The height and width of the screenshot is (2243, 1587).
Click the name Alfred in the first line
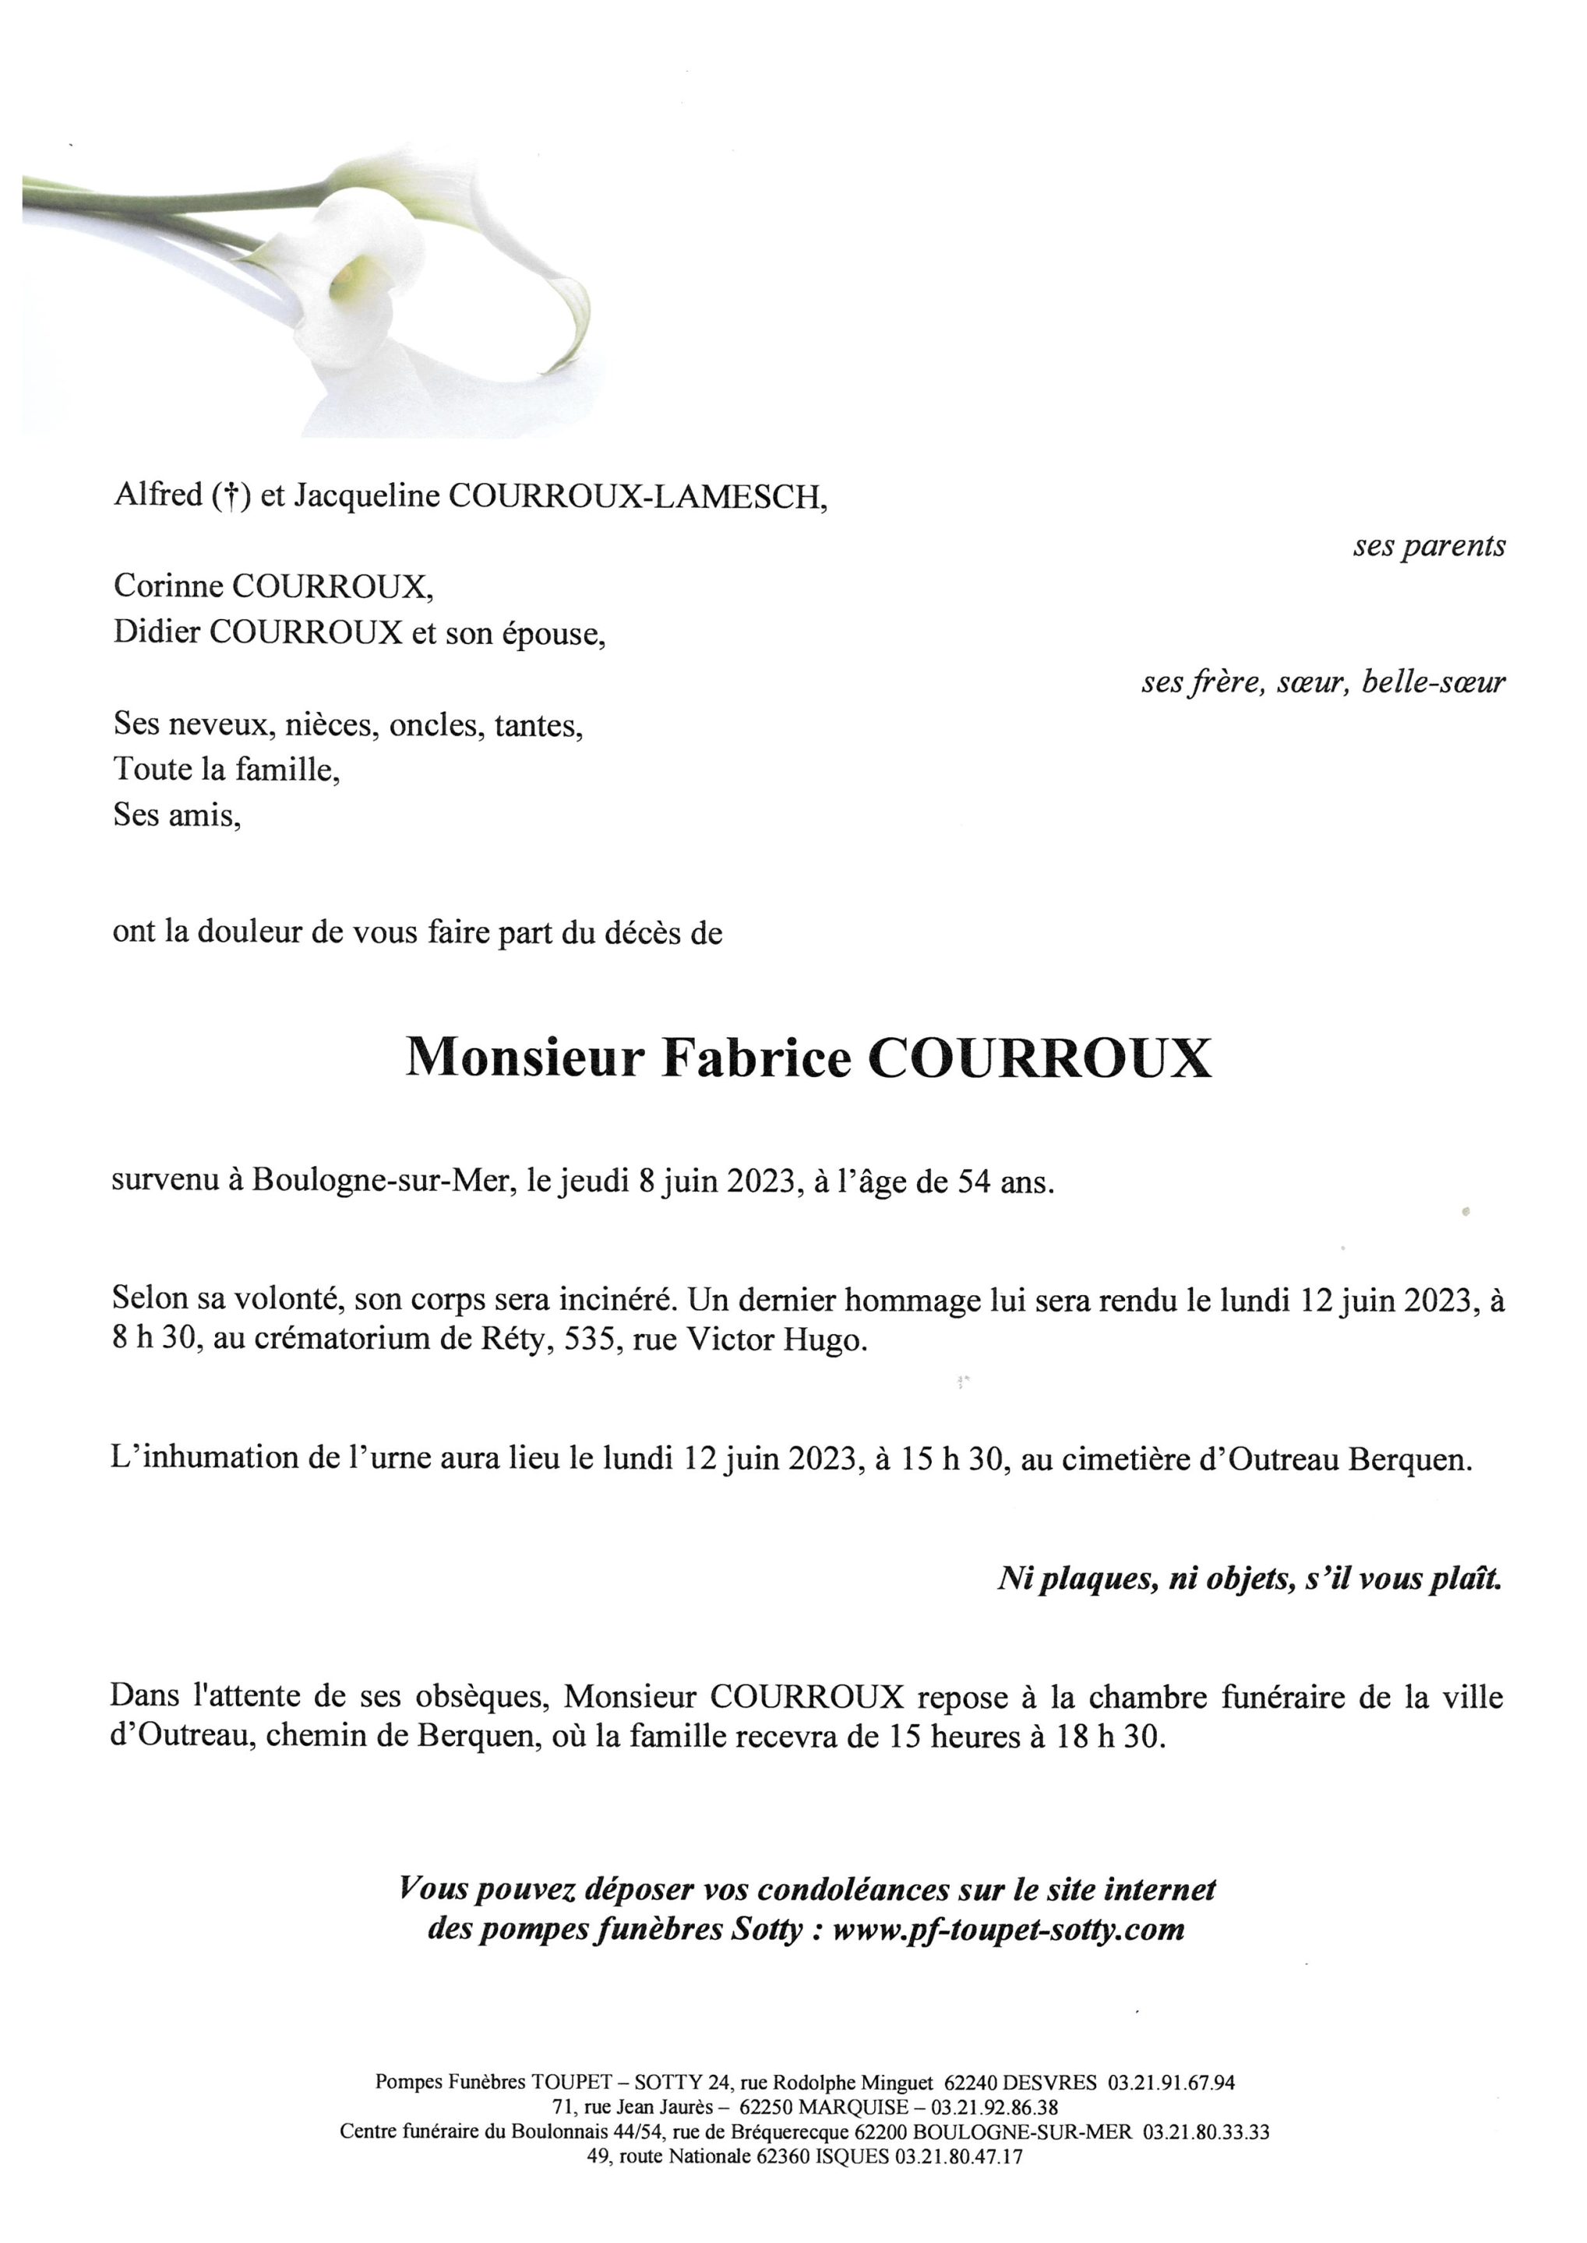click(157, 495)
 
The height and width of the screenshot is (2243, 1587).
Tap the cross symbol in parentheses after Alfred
click(231, 497)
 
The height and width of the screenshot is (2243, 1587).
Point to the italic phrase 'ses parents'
click(1428, 546)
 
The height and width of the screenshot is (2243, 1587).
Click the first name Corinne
click(167, 586)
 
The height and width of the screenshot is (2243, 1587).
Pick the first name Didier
click(157, 632)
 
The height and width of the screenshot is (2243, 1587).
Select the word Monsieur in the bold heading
click(525, 1058)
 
